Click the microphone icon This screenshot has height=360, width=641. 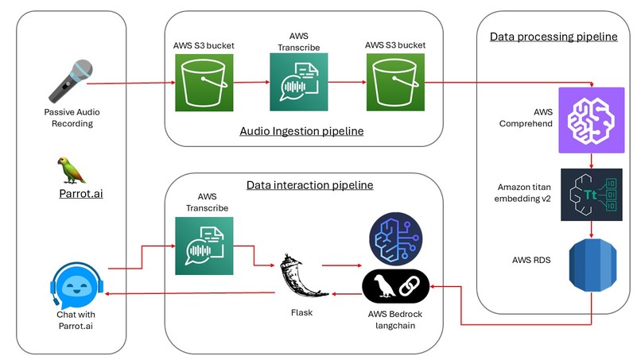(x=69, y=81)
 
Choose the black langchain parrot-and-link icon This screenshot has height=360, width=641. (x=395, y=285)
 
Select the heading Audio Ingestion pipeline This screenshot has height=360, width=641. (x=301, y=130)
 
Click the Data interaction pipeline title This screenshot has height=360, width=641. (x=309, y=185)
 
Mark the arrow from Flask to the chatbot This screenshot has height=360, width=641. (x=191, y=294)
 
